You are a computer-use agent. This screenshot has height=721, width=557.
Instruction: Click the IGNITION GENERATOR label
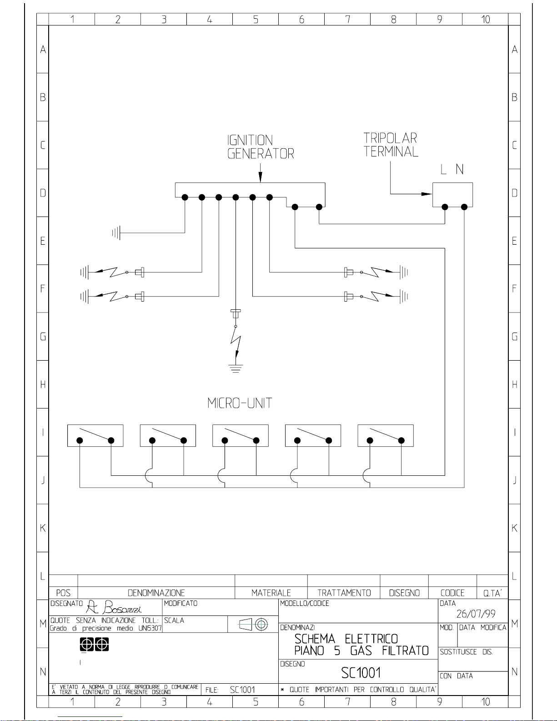[x=261, y=146]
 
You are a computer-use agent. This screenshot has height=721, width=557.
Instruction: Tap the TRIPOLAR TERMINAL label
[x=391, y=145]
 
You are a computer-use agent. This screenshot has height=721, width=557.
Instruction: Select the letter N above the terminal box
[x=460, y=169]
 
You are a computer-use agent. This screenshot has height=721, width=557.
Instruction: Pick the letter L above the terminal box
[x=443, y=169]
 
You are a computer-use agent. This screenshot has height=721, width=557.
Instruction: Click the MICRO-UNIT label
[x=239, y=403]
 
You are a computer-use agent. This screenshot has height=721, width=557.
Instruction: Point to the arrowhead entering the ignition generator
[x=260, y=177]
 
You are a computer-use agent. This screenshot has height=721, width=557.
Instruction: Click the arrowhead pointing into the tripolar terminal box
[x=427, y=194]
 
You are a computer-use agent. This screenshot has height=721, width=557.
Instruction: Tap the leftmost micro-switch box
[x=95, y=435]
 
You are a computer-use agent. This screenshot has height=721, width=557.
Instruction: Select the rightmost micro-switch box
[x=385, y=435]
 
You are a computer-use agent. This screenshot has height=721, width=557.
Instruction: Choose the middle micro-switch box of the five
[x=241, y=435]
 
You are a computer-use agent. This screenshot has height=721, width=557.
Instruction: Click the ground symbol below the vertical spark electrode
[x=236, y=368]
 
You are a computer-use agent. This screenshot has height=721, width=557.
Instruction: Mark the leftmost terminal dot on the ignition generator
[x=185, y=197]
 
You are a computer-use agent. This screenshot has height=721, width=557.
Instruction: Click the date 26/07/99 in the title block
[x=476, y=614]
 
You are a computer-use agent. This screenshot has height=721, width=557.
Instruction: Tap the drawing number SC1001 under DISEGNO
[x=361, y=673]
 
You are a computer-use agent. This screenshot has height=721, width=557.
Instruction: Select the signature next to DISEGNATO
[x=114, y=607]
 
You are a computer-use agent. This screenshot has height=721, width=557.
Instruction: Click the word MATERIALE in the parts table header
[x=271, y=593]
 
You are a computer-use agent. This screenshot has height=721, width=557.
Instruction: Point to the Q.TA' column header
[x=492, y=593]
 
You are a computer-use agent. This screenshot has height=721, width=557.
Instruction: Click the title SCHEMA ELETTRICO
[x=346, y=639]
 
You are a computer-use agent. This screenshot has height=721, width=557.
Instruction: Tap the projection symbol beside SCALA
[x=253, y=625]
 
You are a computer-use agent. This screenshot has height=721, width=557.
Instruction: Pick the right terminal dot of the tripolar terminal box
[x=464, y=207]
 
